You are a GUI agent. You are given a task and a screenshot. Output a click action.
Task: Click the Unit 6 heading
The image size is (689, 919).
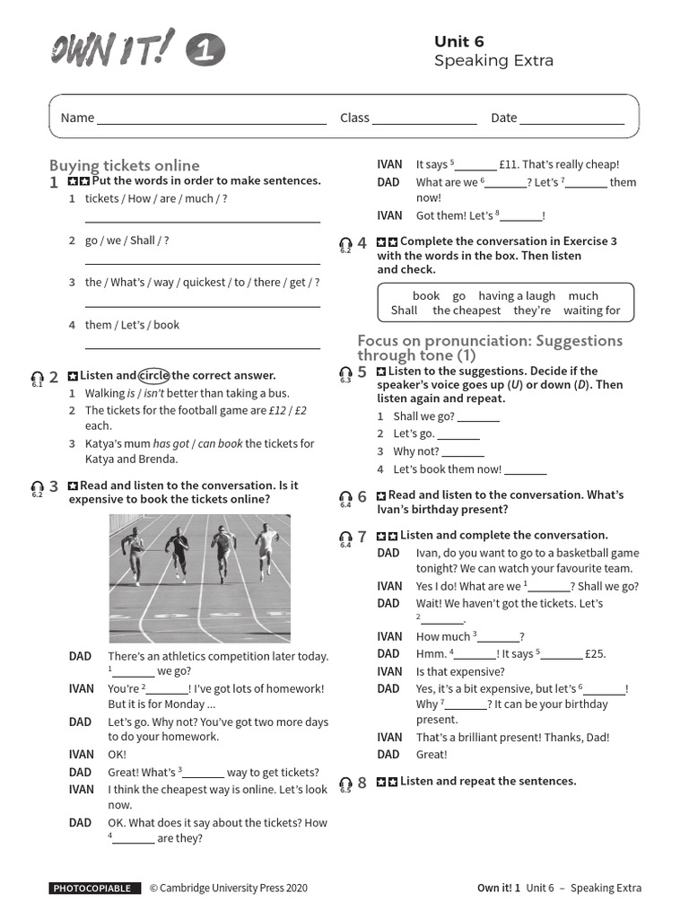[459, 41]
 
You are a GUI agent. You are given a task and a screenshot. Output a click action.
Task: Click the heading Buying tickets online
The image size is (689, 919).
[125, 165]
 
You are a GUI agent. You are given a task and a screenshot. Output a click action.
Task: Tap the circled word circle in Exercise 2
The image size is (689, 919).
[153, 375]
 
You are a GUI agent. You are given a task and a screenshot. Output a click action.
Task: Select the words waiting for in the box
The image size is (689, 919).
[591, 311]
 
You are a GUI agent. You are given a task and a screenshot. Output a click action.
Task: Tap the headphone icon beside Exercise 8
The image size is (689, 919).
[345, 783]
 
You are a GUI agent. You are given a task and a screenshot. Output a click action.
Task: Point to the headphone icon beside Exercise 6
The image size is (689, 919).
[345, 497]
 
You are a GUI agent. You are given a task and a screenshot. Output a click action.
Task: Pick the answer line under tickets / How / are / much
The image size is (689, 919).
[202, 220]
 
